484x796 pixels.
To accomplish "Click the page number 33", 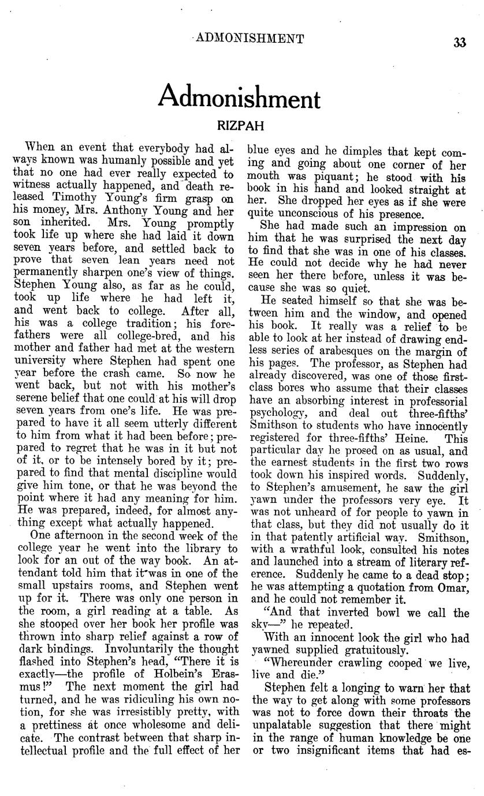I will (460, 43).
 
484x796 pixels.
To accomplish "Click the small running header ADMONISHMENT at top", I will (250, 39).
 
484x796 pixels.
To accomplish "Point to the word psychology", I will (280, 414).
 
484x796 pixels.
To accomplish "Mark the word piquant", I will (319, 178).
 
